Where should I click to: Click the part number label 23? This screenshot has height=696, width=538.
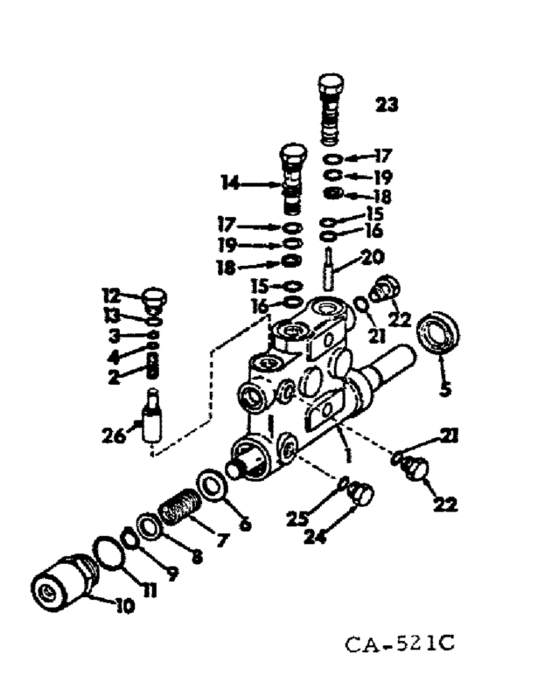387,105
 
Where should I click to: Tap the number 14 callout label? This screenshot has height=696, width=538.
231,184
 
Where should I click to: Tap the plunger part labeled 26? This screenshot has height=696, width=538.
151,420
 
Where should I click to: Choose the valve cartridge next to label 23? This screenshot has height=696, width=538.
330,108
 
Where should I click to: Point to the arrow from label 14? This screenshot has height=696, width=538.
261,184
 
